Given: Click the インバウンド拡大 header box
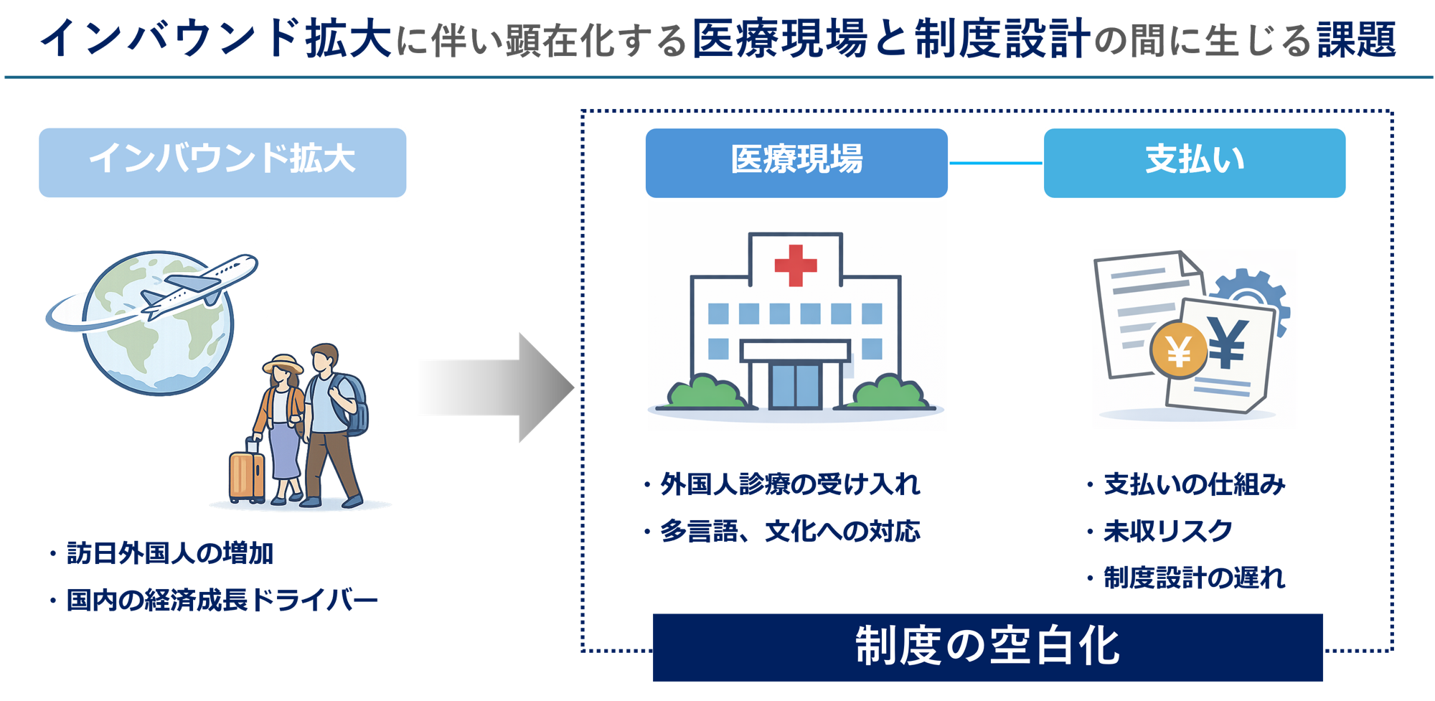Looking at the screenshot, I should point(222,162).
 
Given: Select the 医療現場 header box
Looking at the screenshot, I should point(796,162).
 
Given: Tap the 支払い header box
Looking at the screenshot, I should point(1194,162).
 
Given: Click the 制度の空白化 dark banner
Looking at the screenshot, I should point(987,646).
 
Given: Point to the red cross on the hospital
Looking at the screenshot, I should point(796,265).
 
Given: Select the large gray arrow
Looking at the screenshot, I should point(495,387).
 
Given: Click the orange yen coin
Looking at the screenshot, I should point(1179,351).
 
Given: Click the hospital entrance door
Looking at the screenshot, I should point(795,386).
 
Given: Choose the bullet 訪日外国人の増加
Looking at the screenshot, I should point(169,553).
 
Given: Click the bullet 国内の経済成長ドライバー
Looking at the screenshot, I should point(221,600).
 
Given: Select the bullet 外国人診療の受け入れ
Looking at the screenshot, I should point(789,485).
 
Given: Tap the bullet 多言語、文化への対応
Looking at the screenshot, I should point(789,532).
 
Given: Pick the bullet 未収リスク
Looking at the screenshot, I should point(1167,532).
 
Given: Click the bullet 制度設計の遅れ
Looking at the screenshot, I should point(1193,578).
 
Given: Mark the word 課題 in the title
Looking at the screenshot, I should point(1356,39).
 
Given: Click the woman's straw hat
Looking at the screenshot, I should point(283,363).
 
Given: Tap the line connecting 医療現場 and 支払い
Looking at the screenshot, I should point(995,163).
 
